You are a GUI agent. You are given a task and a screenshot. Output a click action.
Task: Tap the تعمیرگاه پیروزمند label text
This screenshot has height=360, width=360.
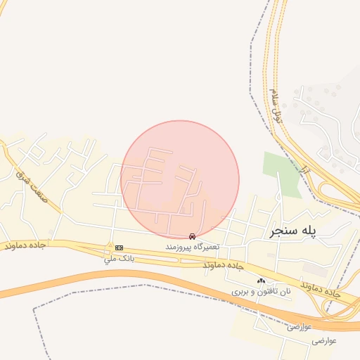click(x=193, y=247)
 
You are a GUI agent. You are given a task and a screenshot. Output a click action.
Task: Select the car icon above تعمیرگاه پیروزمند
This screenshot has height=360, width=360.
click(x=193, y=237)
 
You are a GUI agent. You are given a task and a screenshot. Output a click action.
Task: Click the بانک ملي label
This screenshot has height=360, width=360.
click(x=119, y=259)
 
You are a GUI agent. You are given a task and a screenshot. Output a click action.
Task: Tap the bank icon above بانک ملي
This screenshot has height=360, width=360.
click(x=119, y=247)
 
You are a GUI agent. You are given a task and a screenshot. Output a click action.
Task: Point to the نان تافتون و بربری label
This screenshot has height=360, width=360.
click(x=262, y=291)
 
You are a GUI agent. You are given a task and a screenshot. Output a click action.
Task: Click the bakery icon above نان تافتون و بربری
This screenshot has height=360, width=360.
click(x=261, y=281)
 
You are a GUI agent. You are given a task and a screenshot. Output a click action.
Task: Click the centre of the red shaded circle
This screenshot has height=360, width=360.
click(x=180, y=179)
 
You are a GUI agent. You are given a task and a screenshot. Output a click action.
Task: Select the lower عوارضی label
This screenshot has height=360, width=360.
click(x=326, y=340)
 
